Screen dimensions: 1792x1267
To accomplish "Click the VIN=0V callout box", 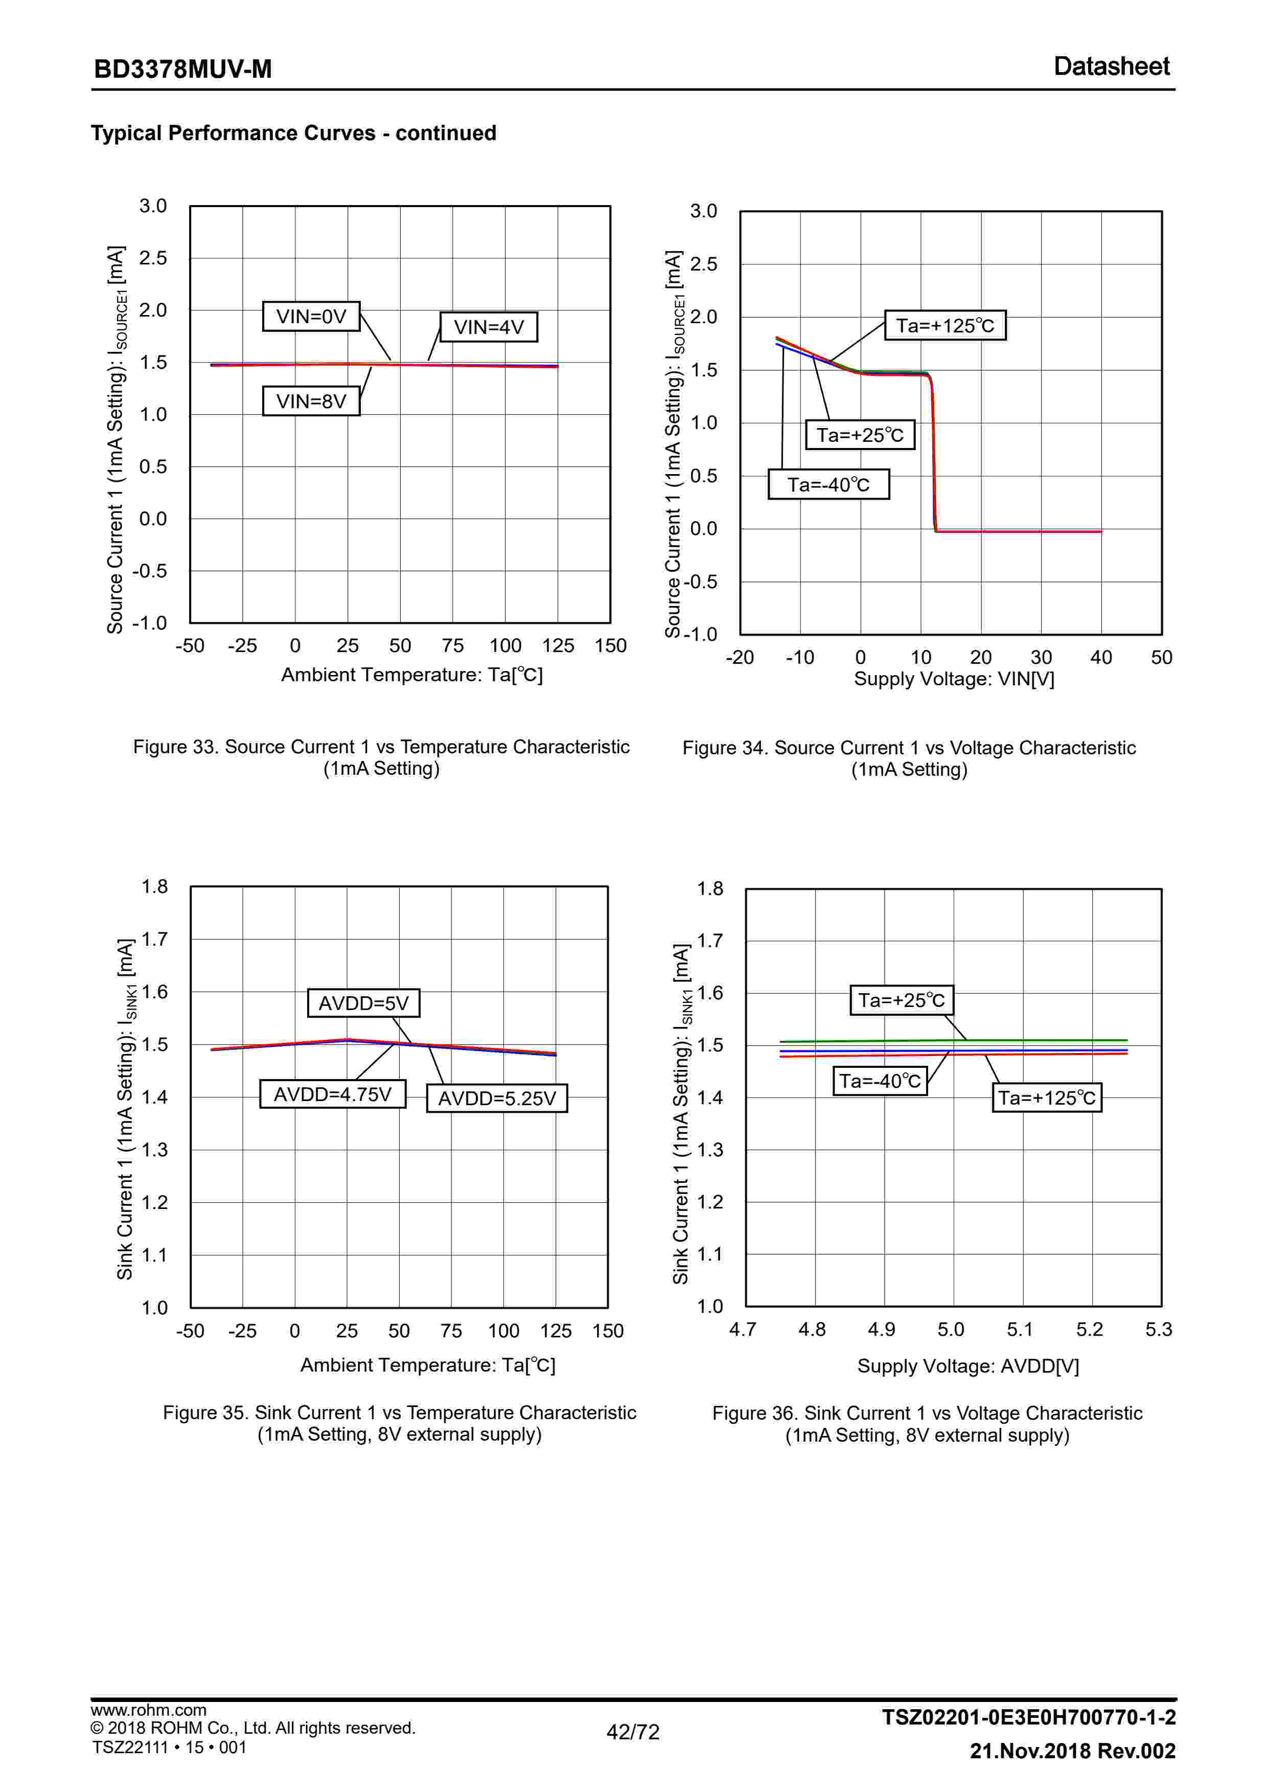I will click(311, 316).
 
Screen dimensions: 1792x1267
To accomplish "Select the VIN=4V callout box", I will click(489, 327).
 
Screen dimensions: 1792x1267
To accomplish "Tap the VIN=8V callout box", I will click(311, 401).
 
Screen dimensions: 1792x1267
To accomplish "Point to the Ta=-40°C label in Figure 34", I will click(828, 485).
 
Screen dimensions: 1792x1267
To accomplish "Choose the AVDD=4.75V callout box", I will click(332, 1094).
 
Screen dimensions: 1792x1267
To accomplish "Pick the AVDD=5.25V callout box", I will click(496, 1098).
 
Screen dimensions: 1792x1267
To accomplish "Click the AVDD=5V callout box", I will click(363, 1003).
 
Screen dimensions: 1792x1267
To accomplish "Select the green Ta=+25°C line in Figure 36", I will click(858, 1041).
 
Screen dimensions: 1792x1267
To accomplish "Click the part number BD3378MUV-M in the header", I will click(182, 70).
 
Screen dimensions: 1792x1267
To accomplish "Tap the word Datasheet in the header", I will click(1111, 67).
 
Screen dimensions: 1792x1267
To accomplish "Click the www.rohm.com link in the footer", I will click(148, 1710).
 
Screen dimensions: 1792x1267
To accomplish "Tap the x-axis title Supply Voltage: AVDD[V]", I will click(967, 1366).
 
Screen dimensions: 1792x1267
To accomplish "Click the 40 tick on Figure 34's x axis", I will click(1101, 657).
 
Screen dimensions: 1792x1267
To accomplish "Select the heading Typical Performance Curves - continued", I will click(293, 133).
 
